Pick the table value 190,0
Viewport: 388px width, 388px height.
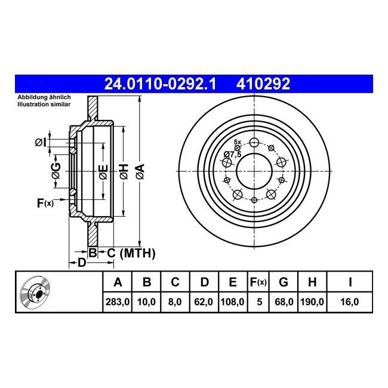coord(312,303)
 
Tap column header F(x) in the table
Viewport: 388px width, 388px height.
coord(258,282)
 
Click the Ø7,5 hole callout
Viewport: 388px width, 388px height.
coord(233,155)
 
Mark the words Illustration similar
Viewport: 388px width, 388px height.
coord(44,104)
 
